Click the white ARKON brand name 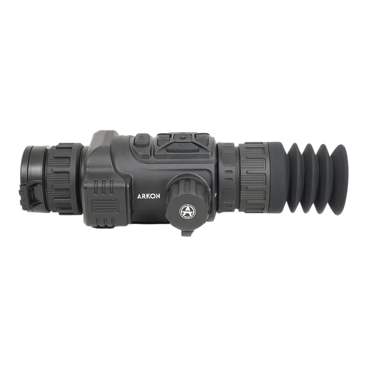coord(148,196)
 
